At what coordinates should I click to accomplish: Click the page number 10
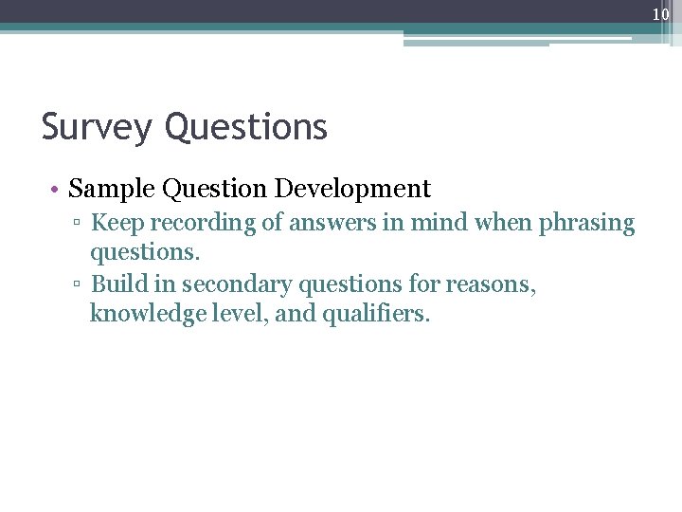[x=661, y=13]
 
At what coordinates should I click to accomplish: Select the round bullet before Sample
[x=58, y=189]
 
